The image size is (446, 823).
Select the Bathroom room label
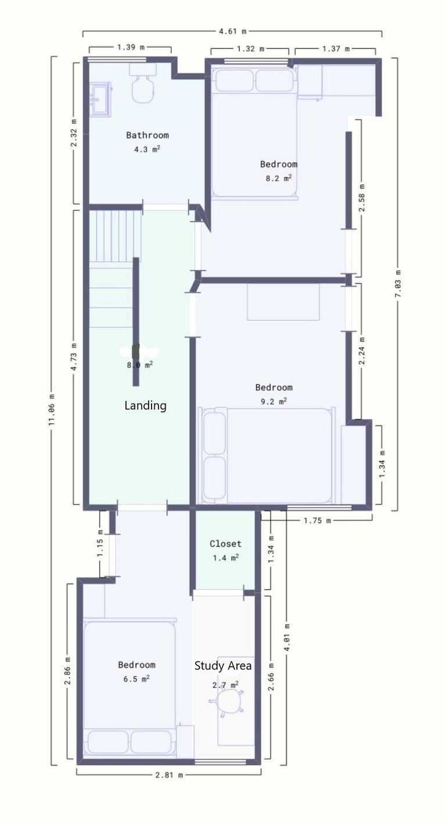click(148, 135)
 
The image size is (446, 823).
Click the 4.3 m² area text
click(147, 149)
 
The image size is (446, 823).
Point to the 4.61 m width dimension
click(232, 31)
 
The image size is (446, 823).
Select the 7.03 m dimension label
click(398, 284)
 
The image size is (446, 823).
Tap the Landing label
click(145, 405)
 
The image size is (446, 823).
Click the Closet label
click(225, 543)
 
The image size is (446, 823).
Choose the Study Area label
click(223, 665)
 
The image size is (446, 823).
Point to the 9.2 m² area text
click(274, 401)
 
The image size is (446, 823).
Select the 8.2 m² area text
click(278, 178)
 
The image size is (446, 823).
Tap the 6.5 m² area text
click(136, 678)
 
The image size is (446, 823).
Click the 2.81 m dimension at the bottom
click(168, 774)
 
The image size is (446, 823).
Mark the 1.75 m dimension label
click(317, 520)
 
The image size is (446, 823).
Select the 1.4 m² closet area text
click(225, 557)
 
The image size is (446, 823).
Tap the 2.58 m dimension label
click(362, 198)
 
